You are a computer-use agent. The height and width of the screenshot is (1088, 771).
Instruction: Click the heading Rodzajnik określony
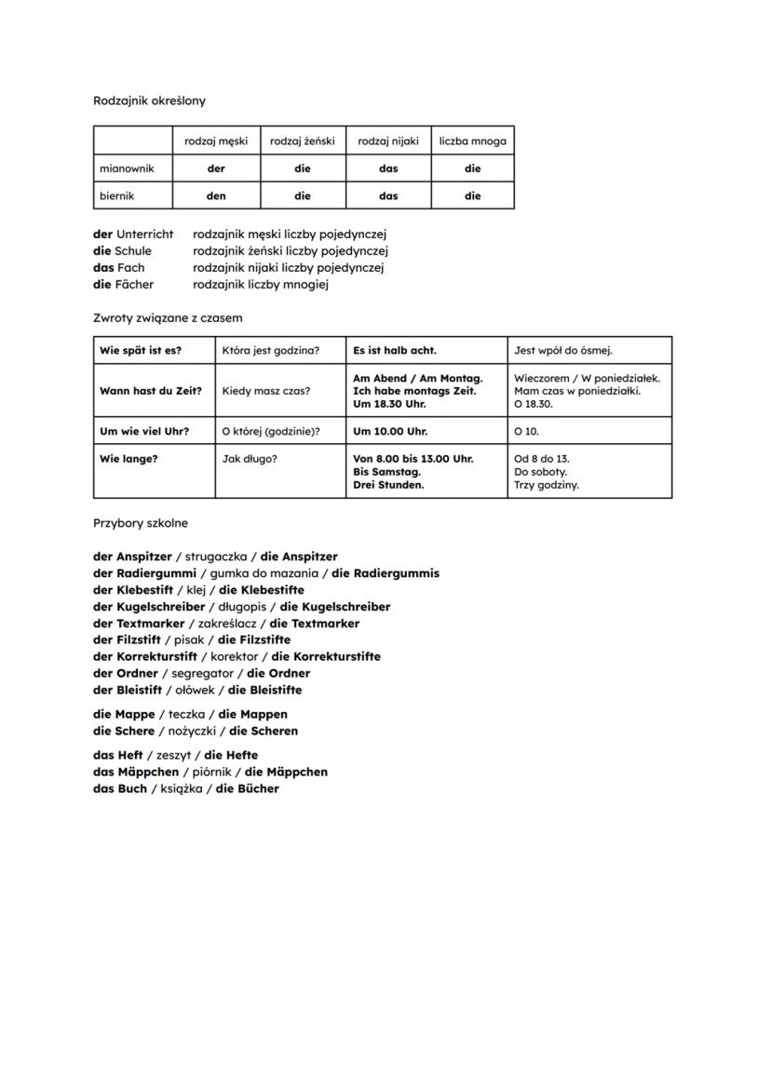[x=149, y=101]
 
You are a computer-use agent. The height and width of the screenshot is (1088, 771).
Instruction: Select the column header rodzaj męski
[x=216, y=141]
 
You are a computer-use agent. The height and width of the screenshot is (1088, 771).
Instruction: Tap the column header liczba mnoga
[x=473, y=141]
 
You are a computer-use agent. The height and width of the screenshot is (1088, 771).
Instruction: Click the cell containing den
[x=216, y=196]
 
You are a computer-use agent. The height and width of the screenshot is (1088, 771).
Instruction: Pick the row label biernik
[x=118, y=196]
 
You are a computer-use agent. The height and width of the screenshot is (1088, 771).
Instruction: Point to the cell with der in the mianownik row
[x=216, y=169]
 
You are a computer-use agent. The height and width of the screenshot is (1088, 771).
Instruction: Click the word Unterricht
[x=144, y=235]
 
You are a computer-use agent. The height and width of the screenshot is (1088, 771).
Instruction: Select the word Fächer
[x=135, y=285]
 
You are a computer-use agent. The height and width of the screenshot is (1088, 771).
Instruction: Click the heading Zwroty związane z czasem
[x=168, y=318]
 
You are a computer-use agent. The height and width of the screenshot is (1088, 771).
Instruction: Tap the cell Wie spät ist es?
[x=141, y=351]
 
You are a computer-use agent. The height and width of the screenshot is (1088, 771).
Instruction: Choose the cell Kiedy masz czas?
[x=266, y=391]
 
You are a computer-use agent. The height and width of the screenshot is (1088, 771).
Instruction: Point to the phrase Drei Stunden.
[x=388, y=485]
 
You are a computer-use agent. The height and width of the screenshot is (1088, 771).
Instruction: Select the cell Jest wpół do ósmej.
[x=563, y=351]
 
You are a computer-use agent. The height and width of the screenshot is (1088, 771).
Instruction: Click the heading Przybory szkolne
[x=141, y=523]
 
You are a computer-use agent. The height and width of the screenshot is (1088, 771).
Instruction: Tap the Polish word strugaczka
[x=216, y=557]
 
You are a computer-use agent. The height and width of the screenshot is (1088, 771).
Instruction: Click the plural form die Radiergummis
[x=385, y=573]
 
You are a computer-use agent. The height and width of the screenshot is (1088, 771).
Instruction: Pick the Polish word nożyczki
[x=192, y=732]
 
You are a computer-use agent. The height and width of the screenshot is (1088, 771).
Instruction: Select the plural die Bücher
[x=248, y=789]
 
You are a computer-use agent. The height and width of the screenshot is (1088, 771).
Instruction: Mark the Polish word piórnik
[x=211, y=772]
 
